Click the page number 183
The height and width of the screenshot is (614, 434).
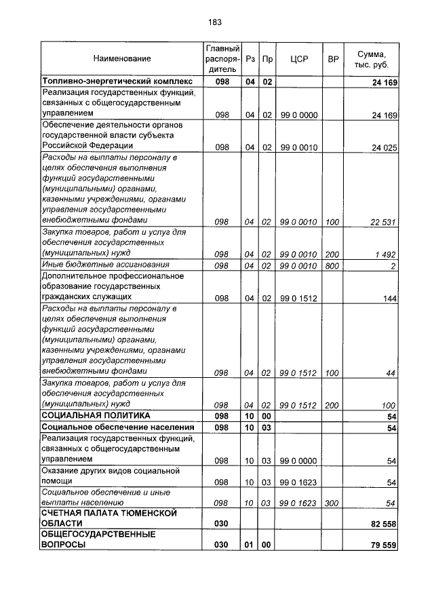point(215,22)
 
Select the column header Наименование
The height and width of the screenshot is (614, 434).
point(122,59)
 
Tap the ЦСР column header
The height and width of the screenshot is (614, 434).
point(299,59)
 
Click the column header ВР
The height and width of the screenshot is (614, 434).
point(333,59)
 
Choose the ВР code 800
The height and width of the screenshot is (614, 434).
point(332,266)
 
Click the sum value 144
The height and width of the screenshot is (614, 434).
point(389,299)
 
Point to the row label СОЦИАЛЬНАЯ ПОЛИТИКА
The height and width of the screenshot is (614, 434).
point(96,415)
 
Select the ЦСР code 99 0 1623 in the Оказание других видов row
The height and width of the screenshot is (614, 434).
point(298,482)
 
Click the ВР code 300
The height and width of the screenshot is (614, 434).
point(332,503)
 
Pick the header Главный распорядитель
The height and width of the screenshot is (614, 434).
point(222,59)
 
